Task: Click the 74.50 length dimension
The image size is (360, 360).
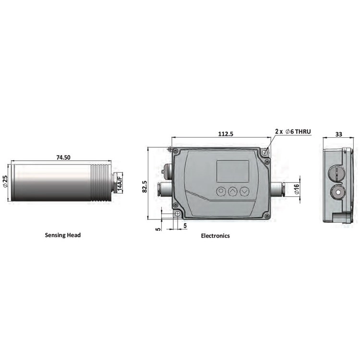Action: coord(63,157)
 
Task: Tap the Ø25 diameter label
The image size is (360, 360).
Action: coord(5,181)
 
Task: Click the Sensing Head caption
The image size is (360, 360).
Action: coord(63,235)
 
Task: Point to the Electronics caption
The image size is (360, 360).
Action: coord(215,236)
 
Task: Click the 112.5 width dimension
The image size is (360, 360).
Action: coord(226,133)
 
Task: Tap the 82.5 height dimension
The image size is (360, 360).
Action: coord(144,186)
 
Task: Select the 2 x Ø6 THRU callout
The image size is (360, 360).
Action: coord(293,132)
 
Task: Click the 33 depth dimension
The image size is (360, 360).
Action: coord(339,134)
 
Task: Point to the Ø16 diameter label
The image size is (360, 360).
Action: coord(297,189)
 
